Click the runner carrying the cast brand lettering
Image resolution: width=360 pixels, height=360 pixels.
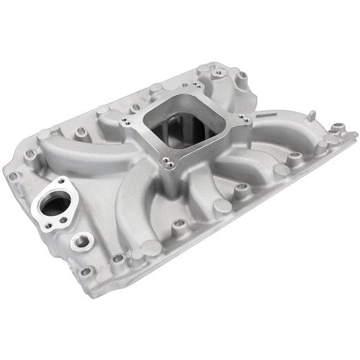pyautogui.click(x=266, y=122)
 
